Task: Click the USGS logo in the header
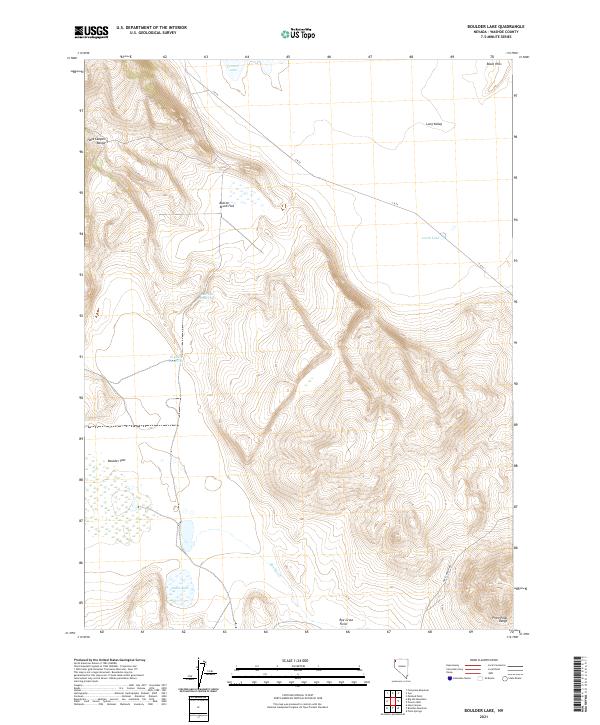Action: pos(91,33)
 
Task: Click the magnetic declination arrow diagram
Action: pos(204,673)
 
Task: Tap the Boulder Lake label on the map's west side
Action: pos(113,460)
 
